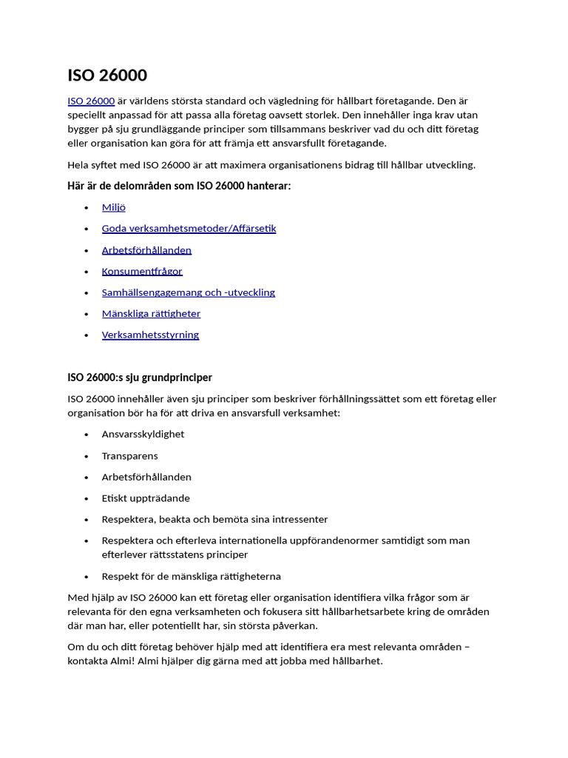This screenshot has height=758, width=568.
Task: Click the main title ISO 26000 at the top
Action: (107, 76)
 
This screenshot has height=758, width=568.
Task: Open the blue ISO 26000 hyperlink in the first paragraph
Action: (91, 101)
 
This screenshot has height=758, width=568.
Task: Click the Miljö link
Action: (113, 207)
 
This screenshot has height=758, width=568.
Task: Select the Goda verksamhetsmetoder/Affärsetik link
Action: (189, 229)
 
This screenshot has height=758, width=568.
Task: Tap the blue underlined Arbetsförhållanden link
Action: (146, 250)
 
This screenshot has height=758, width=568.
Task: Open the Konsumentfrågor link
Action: (142, 271)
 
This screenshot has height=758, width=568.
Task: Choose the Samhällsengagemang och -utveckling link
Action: (188, 292)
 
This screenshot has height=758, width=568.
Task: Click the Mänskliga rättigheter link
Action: (151, 313)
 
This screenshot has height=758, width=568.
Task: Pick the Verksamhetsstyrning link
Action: (150, 335)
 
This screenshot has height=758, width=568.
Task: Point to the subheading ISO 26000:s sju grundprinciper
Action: (140, 378)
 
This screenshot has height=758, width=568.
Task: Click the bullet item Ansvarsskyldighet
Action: (143, 434)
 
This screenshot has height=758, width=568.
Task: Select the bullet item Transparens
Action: (129, 456)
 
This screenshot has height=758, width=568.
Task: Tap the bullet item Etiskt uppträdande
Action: (146, 498)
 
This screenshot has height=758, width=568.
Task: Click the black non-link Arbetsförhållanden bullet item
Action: (146, 477)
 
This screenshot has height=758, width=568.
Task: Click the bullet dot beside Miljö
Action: (87, 208)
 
